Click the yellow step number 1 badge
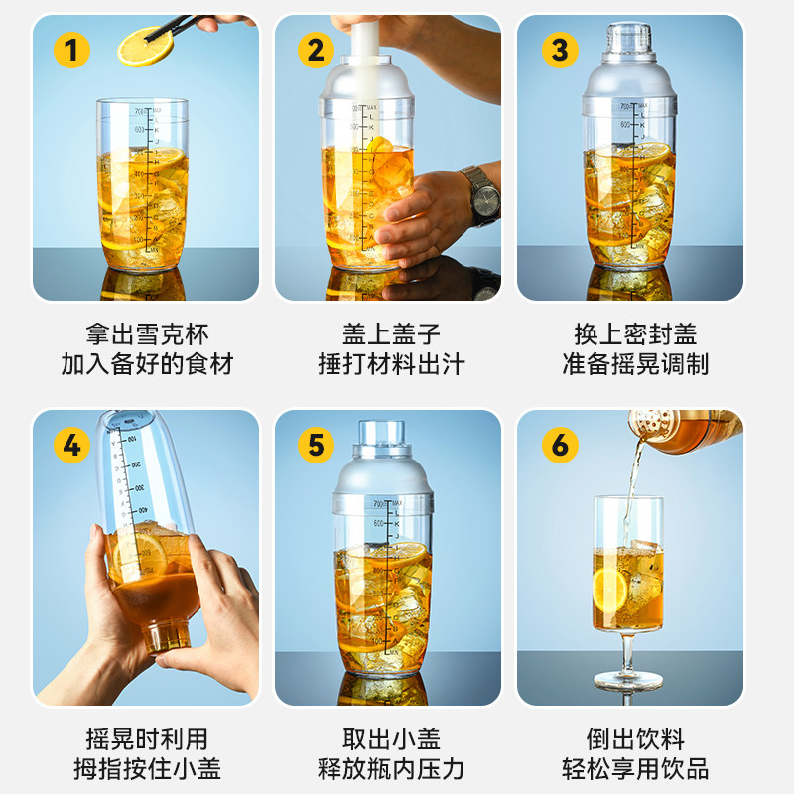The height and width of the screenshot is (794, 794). tap(71, 49)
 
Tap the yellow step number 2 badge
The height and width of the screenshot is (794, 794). tap(315, 49)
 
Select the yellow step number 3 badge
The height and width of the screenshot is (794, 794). tap(560, 49)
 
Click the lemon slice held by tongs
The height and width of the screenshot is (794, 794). tap(145, 46)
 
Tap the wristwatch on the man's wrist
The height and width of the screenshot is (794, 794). tap(483, 196)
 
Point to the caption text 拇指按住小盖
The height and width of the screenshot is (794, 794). tap(146, 768)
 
